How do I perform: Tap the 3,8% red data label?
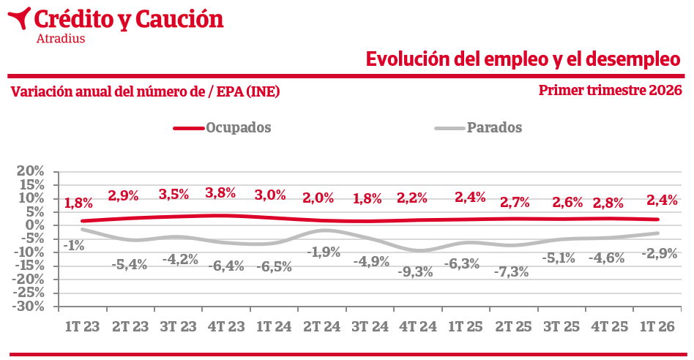pyautogui.click(x=220, y=193)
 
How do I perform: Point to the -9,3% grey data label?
pyautogui.click(x=415, y=272)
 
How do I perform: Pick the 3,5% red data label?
pyautogui.click(x=174, y=195)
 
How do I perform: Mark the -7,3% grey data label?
pyautogui.click(x=512, y=272)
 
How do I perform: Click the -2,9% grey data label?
pyautogui.click(x=660, y=253)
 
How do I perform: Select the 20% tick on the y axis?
pyautogui.click(x=31, y=171)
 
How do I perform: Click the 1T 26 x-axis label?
pyautogui.click(x=657, y=326)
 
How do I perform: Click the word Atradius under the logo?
pyautogui.click(x=60, y=39)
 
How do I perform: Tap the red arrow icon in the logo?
pyautogui.click(x=22, y=18)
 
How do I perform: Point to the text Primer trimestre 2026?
pyautogui.click(x=611, y=91)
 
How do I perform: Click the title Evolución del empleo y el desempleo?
pyautogui.click(x=523, y=59)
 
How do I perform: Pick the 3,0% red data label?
pyautogui.click(x=270, y=195)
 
